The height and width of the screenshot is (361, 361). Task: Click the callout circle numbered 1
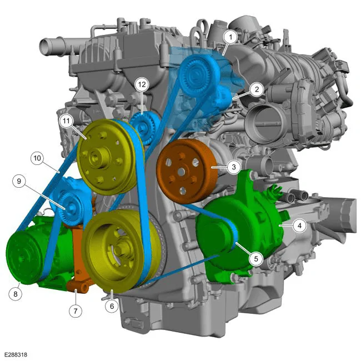[230, 37]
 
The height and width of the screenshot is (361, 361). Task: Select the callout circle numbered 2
[257, 89]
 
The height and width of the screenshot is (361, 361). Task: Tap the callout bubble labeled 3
[234, 167]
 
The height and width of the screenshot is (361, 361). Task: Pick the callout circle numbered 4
[299, 225]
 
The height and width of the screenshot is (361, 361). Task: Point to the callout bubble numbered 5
[256, 259]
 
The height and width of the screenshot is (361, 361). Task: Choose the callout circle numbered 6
[112, 306]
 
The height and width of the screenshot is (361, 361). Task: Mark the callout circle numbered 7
[76, 311]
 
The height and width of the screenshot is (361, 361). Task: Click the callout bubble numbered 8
[16, 294]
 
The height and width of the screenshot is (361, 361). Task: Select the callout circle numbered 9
[19, 181]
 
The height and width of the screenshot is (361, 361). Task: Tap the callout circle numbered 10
[37, 158]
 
